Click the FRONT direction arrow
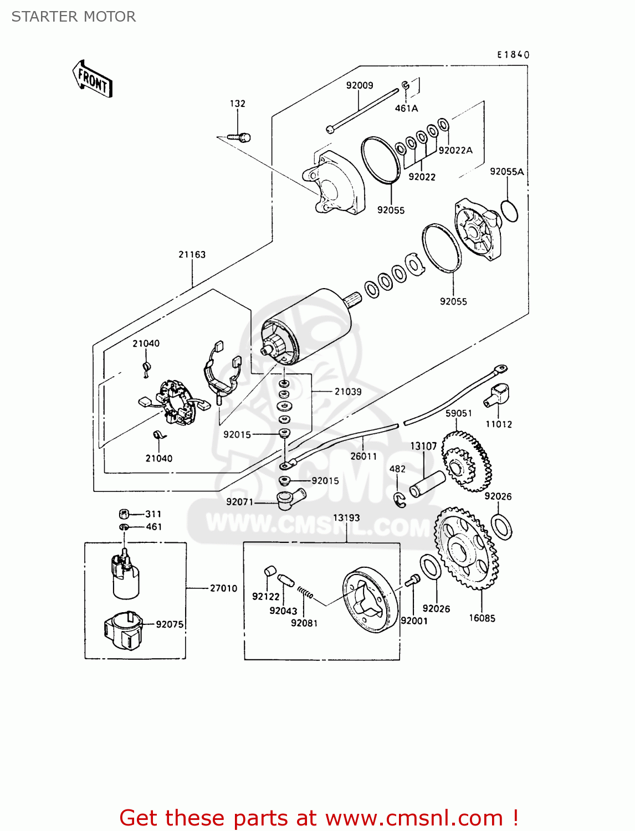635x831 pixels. tap(92, 79)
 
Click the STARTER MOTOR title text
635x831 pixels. tap(74, 17)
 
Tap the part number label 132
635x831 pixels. tap(237, 104)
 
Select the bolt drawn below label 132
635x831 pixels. tap(239, 137)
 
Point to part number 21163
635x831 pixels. tap(192, 254)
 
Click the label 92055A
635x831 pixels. tap(506, 172)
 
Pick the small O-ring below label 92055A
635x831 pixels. tap(509, 211)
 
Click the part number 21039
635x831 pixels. tap(348, 392)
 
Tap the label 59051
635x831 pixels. tap(458, 413)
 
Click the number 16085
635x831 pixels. tap(482, 618)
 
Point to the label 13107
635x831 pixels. tap(423, 446)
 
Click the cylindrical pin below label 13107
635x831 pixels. tap(427, 484)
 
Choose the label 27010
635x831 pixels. tap(223, 588)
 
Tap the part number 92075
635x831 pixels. tap(170, 624)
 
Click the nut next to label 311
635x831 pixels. tap(125, 514)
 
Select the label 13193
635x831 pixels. tap(346, 517)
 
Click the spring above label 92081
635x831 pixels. tap(305, 593)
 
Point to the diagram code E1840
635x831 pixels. tap(513, 54)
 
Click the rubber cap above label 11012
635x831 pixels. tap(498, 394)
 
